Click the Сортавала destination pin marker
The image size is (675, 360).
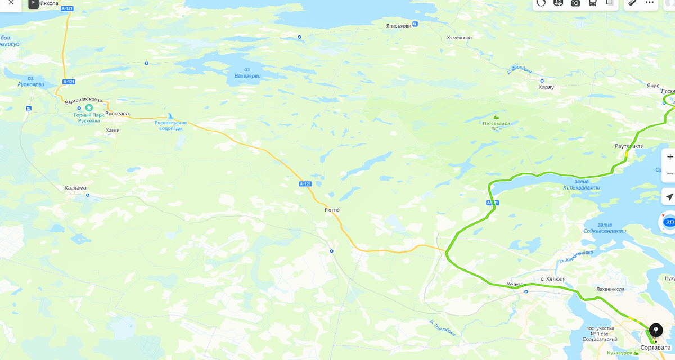(x=655, y=330)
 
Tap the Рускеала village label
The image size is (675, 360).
(x=117, y=112)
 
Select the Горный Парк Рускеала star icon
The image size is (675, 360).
(x=89, y=107)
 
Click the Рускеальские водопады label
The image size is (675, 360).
(x=170, y=125)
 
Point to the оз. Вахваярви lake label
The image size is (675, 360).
(x=248, y=73)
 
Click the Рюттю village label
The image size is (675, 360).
(x=332, y=210)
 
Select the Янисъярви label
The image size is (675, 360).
(x=399, y=26)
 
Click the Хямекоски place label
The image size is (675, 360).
(x=459, y=37)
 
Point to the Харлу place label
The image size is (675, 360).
(x=546, y=87)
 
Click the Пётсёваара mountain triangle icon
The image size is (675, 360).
(x=496, y=116)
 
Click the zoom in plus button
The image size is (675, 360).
(x=669, y=156)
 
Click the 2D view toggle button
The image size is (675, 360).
(x=669, y=222)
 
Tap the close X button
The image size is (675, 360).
(x=11, y=3)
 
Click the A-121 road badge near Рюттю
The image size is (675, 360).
(x=305, y=184)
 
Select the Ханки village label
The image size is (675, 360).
(x=112, y=130)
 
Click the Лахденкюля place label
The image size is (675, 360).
(x=610, y=289)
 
